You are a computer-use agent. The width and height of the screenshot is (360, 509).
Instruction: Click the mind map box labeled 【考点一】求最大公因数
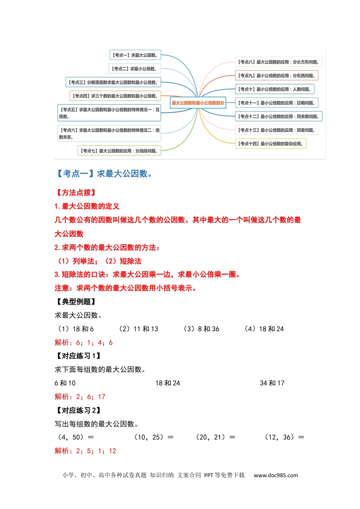pyautogui.click(x=135, y=55)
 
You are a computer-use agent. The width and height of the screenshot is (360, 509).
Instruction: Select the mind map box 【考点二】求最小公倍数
pyautogui.click(x=135, y=69)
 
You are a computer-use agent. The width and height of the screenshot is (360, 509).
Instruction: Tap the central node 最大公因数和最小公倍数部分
pyautogui.click(x=198, y=103)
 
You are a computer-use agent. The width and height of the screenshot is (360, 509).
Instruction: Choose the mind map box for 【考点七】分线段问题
pyautogui.click(x=119, y=151)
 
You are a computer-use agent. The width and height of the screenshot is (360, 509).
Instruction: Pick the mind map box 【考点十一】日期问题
pyautogui.click(x=277, y=103)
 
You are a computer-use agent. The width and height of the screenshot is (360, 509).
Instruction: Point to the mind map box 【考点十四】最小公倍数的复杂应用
pyautogui.click(x=271, y=144)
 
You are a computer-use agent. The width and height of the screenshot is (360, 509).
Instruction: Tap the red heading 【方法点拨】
pyautogui.click(x=75, y=193)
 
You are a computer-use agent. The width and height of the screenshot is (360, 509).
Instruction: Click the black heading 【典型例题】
pyautogui.click(x=75, y=302)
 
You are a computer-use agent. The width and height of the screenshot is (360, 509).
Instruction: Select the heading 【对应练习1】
pyautogui.click(x=78, y=356)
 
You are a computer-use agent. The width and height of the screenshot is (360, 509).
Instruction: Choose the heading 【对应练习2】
pyautogui.click(x=78, y=411)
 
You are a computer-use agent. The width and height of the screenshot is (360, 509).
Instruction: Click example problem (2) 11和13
pyautogui.click(x=138, y=329)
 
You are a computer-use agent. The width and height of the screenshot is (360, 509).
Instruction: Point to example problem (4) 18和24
pyautogui.click(x=264, y=329)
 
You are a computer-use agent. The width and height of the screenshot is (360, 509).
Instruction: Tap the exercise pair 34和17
pyautogui.click(x=272, y=383)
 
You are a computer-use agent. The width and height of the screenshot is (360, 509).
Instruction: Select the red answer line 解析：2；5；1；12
pyautogui.click(x=85, y=451)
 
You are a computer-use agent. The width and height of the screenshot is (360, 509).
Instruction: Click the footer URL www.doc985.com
pyautogui.click(x=275, y=475)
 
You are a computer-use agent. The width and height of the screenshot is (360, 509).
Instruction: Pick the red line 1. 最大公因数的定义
pyautogui.click(x=87, y=206)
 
